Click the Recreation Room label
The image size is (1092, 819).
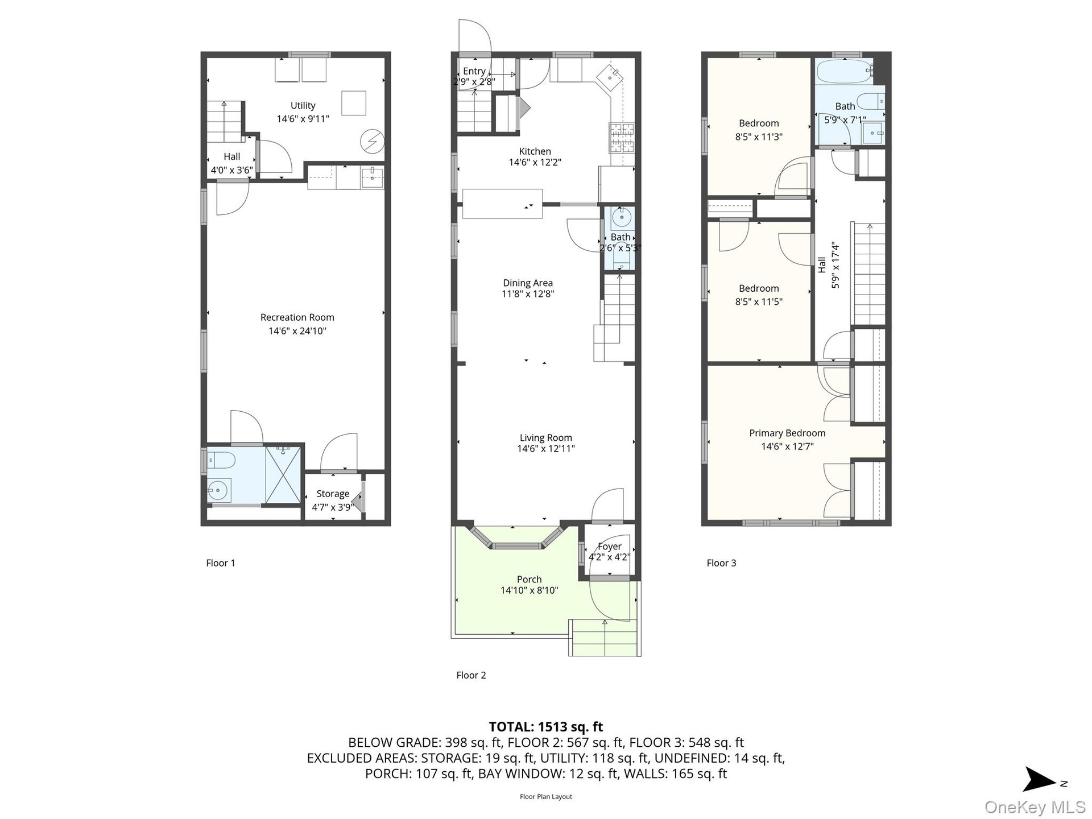coord(297,317)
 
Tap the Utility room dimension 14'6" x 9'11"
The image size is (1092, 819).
coord(303,119)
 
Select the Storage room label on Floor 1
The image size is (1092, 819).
coord(333,494)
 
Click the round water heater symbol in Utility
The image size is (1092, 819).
coord(373,142)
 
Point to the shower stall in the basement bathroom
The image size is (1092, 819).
coord(283,474)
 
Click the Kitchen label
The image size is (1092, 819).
coord(535,151)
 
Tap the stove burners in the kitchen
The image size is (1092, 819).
coord(622,138)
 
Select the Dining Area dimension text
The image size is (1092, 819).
coord(527,294)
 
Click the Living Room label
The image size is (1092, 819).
coord(545,438)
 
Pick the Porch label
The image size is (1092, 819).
coord(529,580)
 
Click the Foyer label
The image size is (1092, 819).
coord(609,547)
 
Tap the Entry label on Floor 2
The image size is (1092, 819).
coord(474,71)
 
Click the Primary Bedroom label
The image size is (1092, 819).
coord(787,433)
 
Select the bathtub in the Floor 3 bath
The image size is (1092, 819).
coord(843,72)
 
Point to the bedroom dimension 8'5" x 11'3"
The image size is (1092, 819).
coord(759,136)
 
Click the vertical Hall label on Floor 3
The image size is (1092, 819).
coord(822,264)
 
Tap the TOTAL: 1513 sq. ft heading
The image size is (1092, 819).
coord(545,727)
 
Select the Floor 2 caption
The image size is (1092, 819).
coord(471,675)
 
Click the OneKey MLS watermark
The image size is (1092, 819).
coord(1035,806)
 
